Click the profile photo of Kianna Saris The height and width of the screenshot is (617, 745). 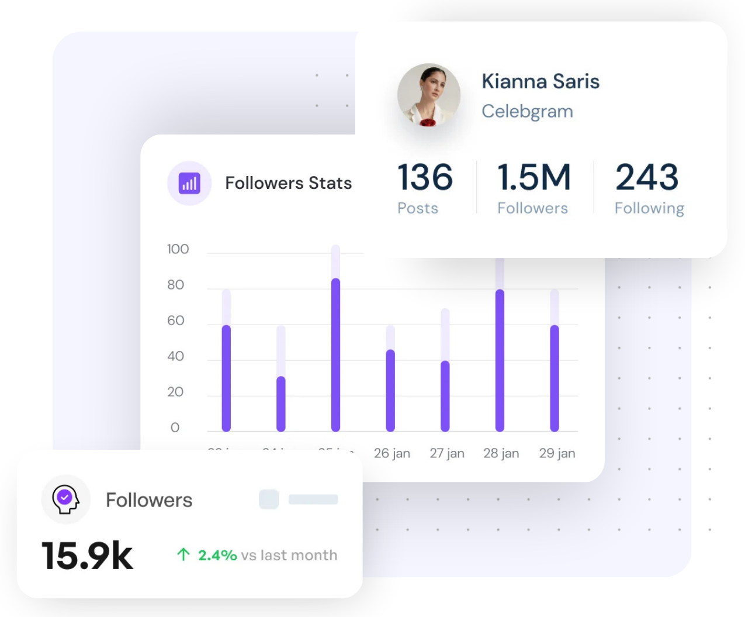pos(429,95)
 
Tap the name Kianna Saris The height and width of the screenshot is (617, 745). pos(540,81)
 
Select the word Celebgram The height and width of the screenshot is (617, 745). pos(527,111)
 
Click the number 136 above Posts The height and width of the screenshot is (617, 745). pos(425,177)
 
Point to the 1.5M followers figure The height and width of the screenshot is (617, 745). pos(533,177)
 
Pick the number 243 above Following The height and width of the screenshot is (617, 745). pos(647,177)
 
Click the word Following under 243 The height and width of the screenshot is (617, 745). pos(649,208)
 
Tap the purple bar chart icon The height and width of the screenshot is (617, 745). pos(189,183)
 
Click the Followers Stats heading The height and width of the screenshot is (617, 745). pos(289,183)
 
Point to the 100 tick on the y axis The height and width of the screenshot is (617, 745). pos(178,249)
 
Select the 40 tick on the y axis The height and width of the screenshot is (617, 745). pos(175,356)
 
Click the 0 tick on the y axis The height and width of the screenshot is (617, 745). pos(175,428)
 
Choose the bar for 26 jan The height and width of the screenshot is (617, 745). pos(390,390)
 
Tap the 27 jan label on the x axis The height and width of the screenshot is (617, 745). pos(447,453)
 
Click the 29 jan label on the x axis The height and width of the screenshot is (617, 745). pos(557,453)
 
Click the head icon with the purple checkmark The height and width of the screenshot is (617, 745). pos(65,499)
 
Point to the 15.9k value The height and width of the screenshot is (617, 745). pos(88,556)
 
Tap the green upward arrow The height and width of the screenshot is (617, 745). pos(183,554)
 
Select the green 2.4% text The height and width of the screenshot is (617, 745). pos(217,555)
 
